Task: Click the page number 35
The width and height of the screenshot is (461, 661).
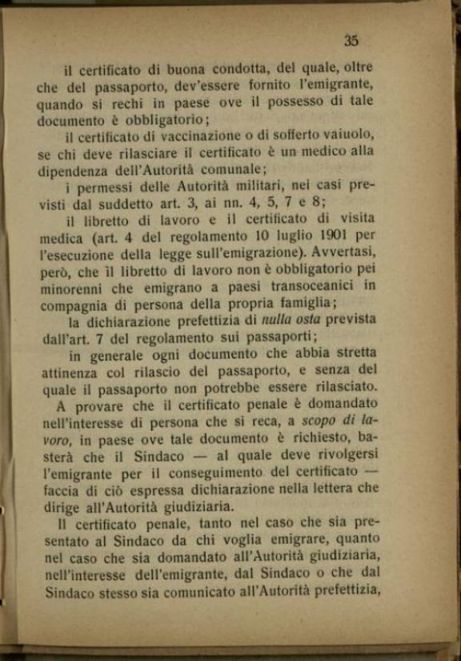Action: point(351,40)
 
